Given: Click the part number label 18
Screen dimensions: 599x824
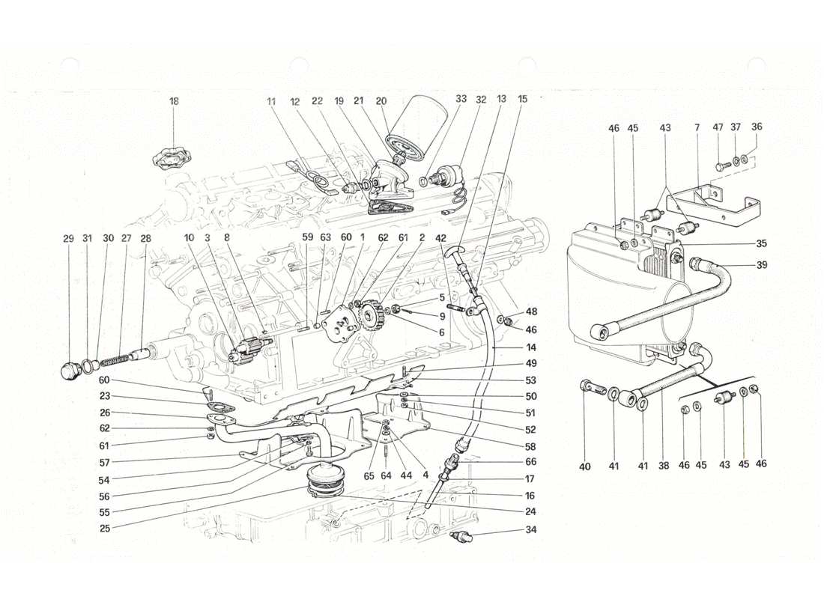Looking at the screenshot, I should pyautogui.click(x=174, y=100).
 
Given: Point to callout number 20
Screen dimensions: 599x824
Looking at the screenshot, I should pyautogui.click(x=381, y=100).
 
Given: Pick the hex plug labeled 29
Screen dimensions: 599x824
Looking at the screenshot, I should pyautogui.click(x=71, y=370).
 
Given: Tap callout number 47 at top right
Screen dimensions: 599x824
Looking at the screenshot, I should pyautogui.click(x=718, y=128).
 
